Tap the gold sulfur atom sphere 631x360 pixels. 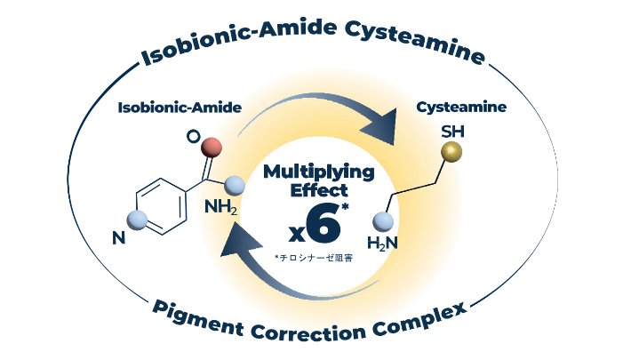[x=452, y=153]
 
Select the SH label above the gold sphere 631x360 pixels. [x=452, y=132]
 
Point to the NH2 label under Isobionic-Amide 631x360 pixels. [x=222, y=207]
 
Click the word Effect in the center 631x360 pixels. [x=316, y=189]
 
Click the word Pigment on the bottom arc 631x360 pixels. [x=195, y=315]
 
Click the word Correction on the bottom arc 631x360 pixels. [x=308, y=333]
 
